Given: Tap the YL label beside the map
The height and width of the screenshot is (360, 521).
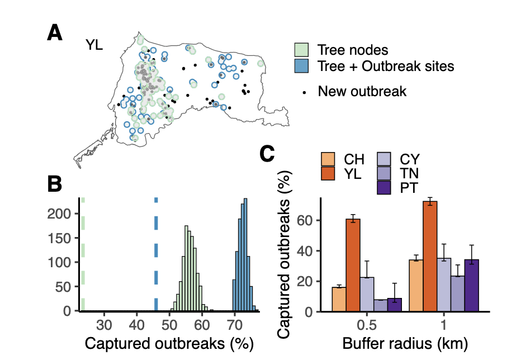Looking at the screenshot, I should click(x=94, y=45).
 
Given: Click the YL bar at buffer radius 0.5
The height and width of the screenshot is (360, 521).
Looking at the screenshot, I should click(x=353, y=265).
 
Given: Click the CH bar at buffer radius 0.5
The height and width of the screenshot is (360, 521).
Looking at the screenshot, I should click(x=339, y=299).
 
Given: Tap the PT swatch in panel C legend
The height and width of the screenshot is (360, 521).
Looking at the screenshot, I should click(x=385, y=187).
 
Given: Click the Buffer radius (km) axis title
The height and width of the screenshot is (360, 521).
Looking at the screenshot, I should click(x=405, y=342).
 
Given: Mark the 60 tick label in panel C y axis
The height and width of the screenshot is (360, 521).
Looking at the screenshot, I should click(x=304, y=220).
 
